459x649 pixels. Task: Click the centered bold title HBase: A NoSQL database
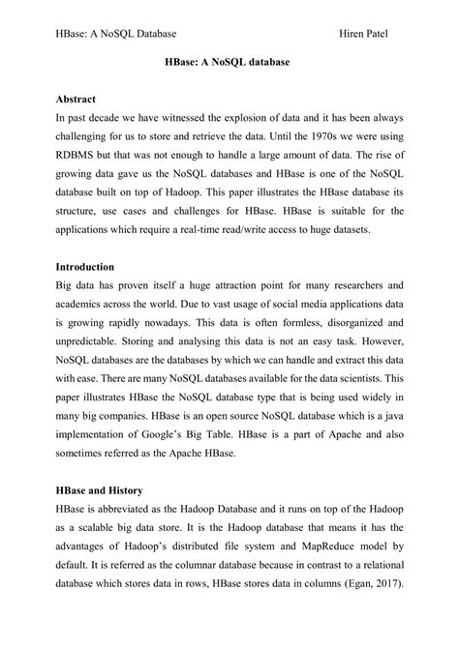point(229,61)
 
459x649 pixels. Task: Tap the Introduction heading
point(86,239)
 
